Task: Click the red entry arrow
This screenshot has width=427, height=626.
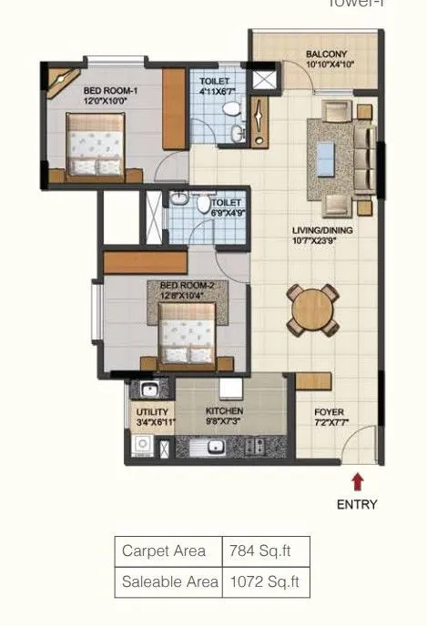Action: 357,480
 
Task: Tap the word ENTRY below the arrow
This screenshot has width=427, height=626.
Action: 357,504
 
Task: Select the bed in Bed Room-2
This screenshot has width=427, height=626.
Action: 188,333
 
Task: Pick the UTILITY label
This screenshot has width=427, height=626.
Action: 151,417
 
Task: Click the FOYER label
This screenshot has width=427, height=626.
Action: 330,418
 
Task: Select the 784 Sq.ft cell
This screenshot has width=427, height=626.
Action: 264,551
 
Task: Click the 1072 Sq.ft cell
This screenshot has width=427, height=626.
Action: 264,581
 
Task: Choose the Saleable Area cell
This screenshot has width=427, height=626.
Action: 169,581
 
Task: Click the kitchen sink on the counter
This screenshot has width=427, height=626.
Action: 215,447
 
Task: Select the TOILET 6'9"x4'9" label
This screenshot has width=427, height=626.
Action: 227,207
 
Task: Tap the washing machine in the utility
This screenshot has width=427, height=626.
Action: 141,446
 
